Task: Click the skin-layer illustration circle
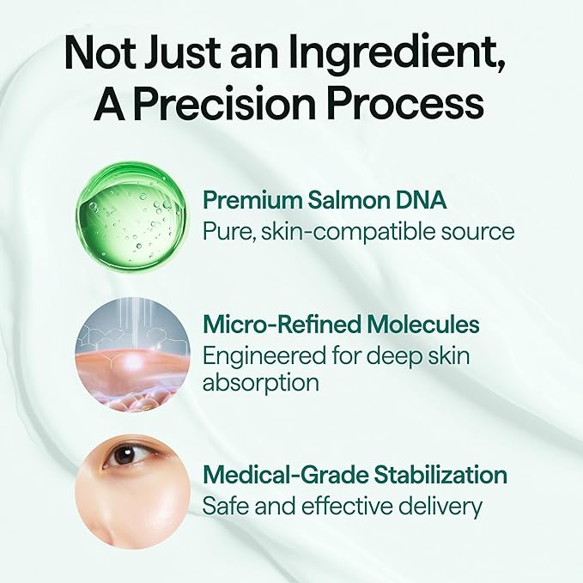click(133, 355)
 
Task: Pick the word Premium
click(252, 201)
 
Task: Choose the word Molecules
click(423, 325)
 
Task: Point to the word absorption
click(261, 382)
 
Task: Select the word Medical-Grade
click(285, 475)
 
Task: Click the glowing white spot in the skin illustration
click(132, 360)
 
